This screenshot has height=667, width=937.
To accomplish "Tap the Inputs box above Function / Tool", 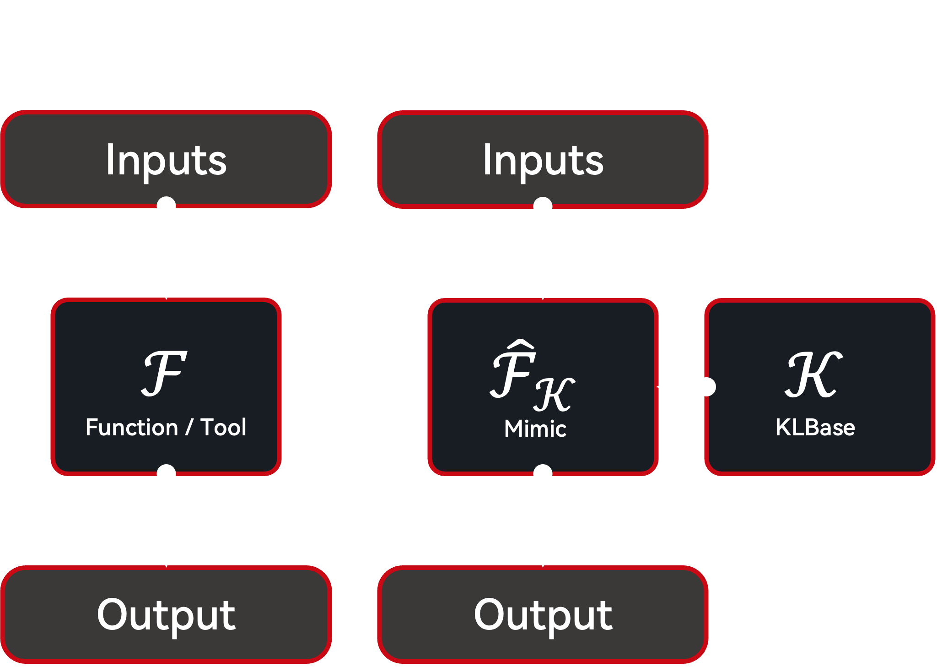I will [x=166, y=159].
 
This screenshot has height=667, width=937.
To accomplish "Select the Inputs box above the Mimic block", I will [x=543, y=159].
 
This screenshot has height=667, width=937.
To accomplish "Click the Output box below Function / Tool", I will [x=166, y=614].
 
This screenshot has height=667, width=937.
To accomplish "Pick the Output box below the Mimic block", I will [x=543, y=614].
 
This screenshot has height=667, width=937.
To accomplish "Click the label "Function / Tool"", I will [x=166, y=428].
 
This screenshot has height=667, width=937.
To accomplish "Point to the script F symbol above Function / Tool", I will [x=164, y=374].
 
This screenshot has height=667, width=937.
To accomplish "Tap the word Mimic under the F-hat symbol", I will [x=535, y=429].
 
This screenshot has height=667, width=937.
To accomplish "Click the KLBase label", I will [x=815, y=428].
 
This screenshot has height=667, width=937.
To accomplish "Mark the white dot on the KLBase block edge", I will [x=706, y=387].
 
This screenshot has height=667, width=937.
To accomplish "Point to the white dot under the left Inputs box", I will [x=166, y=206].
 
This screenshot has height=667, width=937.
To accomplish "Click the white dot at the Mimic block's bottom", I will [x=543, y=474].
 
